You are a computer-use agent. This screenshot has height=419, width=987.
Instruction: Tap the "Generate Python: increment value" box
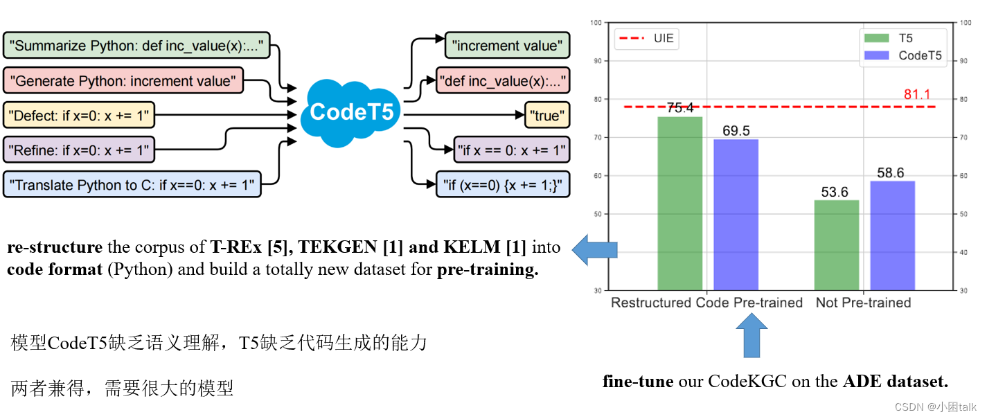tap(123, 81)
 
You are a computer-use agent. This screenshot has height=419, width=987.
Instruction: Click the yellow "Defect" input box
tap(79, 116)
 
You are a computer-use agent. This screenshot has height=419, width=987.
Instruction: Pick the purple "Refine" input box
tap(79, 148)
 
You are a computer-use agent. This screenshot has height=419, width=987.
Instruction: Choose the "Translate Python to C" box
tap(132, 184)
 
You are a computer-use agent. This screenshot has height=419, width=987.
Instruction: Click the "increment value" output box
tap(507, 46)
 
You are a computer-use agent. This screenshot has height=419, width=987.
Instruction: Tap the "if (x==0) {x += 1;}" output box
tap(502, 184)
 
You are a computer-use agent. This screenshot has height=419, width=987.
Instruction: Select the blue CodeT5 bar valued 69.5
tap(736, 214)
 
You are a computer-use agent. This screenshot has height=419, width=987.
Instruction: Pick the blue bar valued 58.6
tap(892, 235)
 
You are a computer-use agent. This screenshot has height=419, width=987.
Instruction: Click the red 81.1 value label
tap(917, 94)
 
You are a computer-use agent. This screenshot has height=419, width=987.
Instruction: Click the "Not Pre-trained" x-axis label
tap(863, 303)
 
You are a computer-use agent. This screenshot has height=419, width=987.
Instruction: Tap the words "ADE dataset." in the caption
tap(895, 381)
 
